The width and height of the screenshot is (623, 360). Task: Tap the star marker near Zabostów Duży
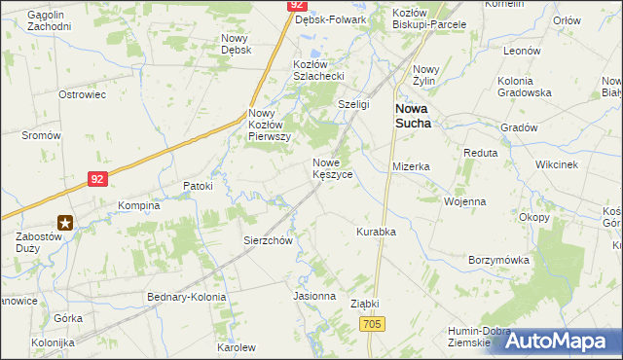coord(65,222)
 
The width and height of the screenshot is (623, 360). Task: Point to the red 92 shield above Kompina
coord(95,178)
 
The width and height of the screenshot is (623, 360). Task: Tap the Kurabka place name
coord(375,232)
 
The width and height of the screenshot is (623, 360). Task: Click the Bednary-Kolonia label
coord(186,296)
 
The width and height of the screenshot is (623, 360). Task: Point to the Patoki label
coord(198,185)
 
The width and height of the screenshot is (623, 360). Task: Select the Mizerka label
coord(411,166)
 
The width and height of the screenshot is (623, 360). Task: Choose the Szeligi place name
coord(353,104)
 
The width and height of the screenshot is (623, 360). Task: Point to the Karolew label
coord(236,347)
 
